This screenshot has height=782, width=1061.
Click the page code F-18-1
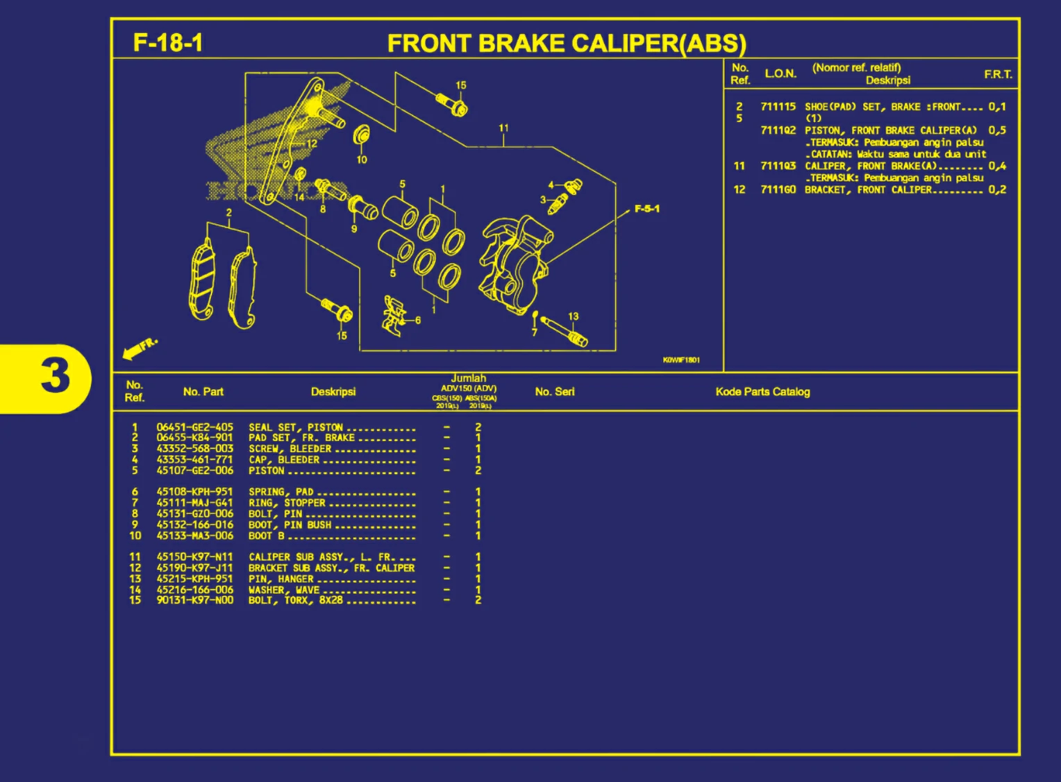point(167,43)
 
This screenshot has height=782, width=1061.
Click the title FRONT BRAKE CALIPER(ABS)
point(566,44)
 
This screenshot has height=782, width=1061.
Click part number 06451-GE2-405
point(194,427)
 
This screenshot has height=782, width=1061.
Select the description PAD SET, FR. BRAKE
point(301,438)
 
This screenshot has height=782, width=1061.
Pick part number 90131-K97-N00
point(194,600)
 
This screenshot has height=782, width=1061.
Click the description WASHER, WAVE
point(284,590)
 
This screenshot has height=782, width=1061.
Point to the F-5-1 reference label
point(646,209)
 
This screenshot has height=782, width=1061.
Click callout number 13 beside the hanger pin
point(573,316)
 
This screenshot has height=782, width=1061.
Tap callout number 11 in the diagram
point(503,128)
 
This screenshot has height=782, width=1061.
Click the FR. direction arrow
point(140,348)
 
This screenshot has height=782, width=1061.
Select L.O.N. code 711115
point(778,107)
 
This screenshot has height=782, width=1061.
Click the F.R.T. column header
point(997,74)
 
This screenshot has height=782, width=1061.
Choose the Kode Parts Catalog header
point(762,392)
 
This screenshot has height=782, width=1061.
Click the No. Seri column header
point(554,392)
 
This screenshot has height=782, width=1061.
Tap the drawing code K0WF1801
point(680,360)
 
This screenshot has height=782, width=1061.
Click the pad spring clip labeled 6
point(394,316)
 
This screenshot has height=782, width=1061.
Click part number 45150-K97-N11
point(194,557)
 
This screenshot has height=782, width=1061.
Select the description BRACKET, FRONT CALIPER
point(868,190)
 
